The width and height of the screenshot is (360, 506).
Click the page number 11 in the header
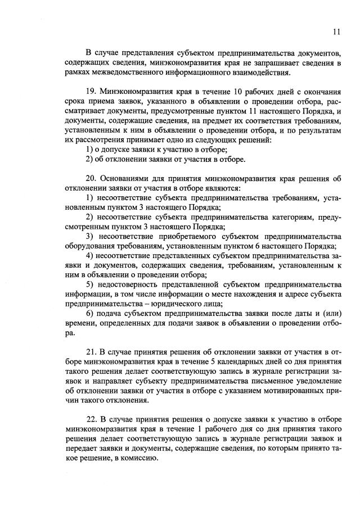pos(336,32)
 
